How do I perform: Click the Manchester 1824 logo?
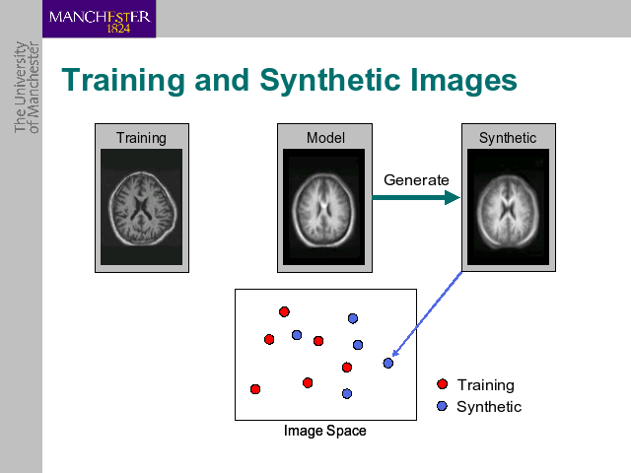pos(99,19)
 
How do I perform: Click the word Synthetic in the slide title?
pos(331,81)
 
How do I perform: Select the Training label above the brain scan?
pos(141,138)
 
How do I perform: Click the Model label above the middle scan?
pos(325,138)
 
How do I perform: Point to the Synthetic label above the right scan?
pos(508,138)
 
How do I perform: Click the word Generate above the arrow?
pos(416,180)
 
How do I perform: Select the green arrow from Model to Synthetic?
pos(416,197)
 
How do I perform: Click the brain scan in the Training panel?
pos(142,207)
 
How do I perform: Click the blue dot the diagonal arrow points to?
pos(387,364)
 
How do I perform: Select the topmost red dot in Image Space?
pos(284,311)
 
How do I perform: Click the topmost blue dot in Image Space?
pos(353,318)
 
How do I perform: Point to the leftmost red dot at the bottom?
pos(255,389)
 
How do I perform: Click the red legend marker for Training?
pos(443,384)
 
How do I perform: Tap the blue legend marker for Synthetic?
pos(442,406)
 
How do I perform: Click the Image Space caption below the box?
pos(325,431)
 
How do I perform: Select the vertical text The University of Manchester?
pos(27,88)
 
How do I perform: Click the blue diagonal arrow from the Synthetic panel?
pos(427,313)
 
